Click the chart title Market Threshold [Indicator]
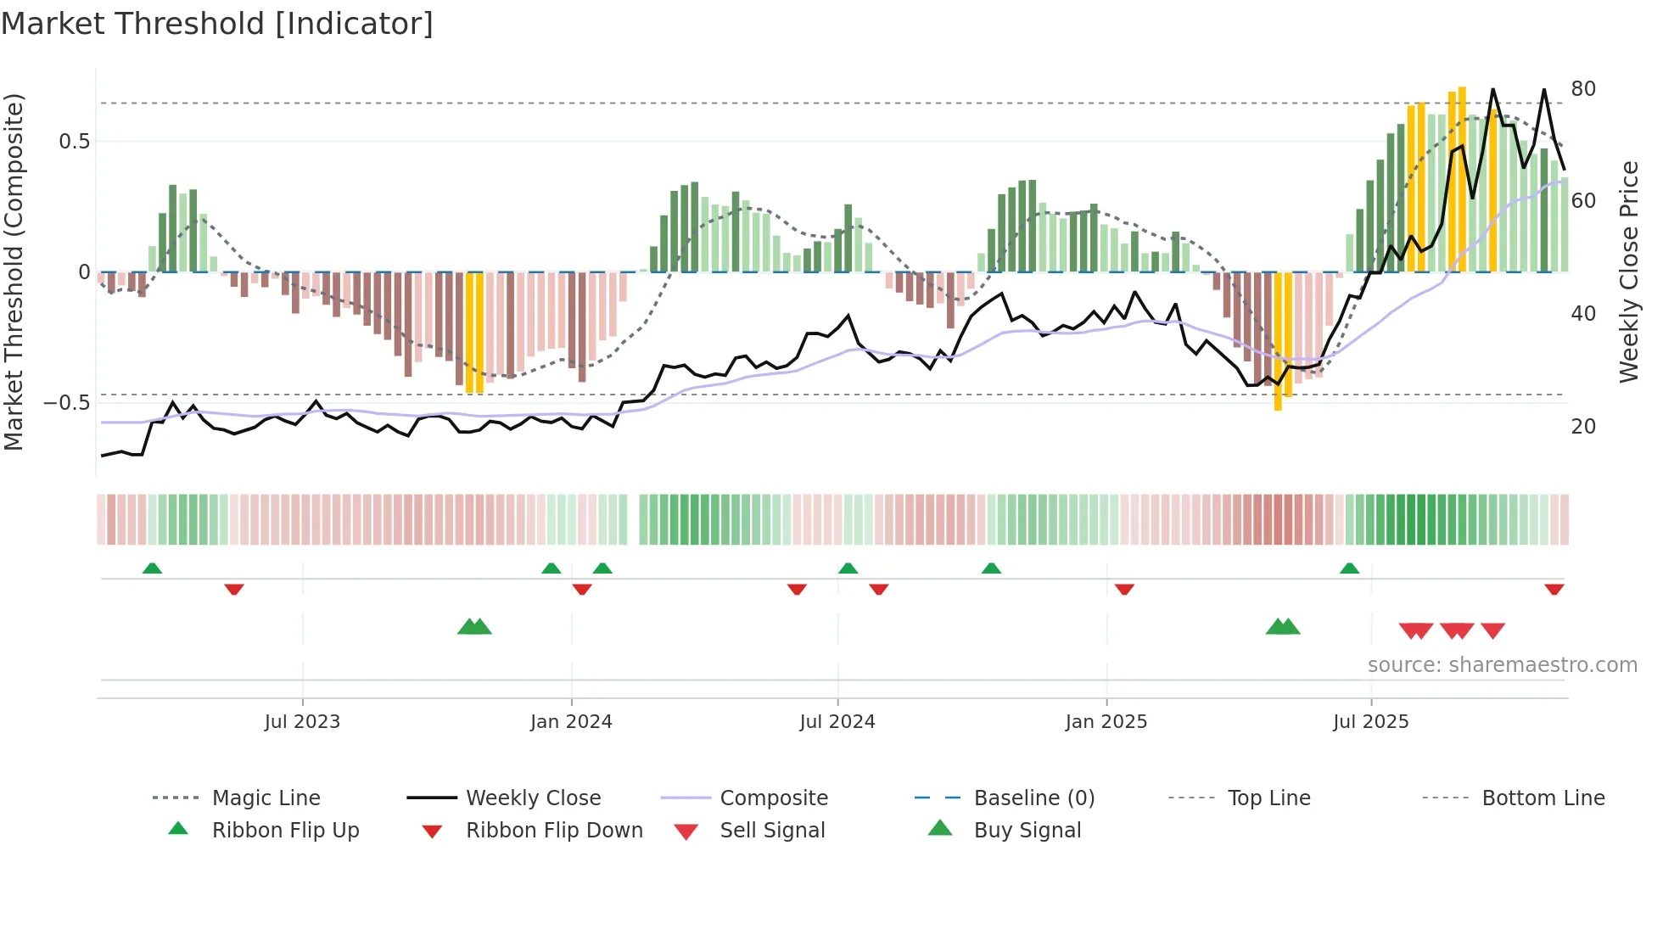217,24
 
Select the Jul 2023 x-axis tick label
302,722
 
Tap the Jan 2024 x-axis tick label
571,722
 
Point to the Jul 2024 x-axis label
837,722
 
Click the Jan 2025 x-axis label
1106,722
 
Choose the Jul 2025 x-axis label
1371,722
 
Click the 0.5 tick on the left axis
75,142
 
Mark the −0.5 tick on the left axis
68,403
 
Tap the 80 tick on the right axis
1583,89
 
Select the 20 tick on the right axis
1583,427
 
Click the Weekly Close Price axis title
1629,272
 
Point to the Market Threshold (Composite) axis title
14,272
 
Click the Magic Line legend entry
266,798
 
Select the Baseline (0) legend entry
1033,798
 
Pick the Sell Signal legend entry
772,831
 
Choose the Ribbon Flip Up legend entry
285,831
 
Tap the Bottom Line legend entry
1543,798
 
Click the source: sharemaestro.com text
1502,665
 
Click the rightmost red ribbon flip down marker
1554,589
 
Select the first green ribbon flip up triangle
152,568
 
